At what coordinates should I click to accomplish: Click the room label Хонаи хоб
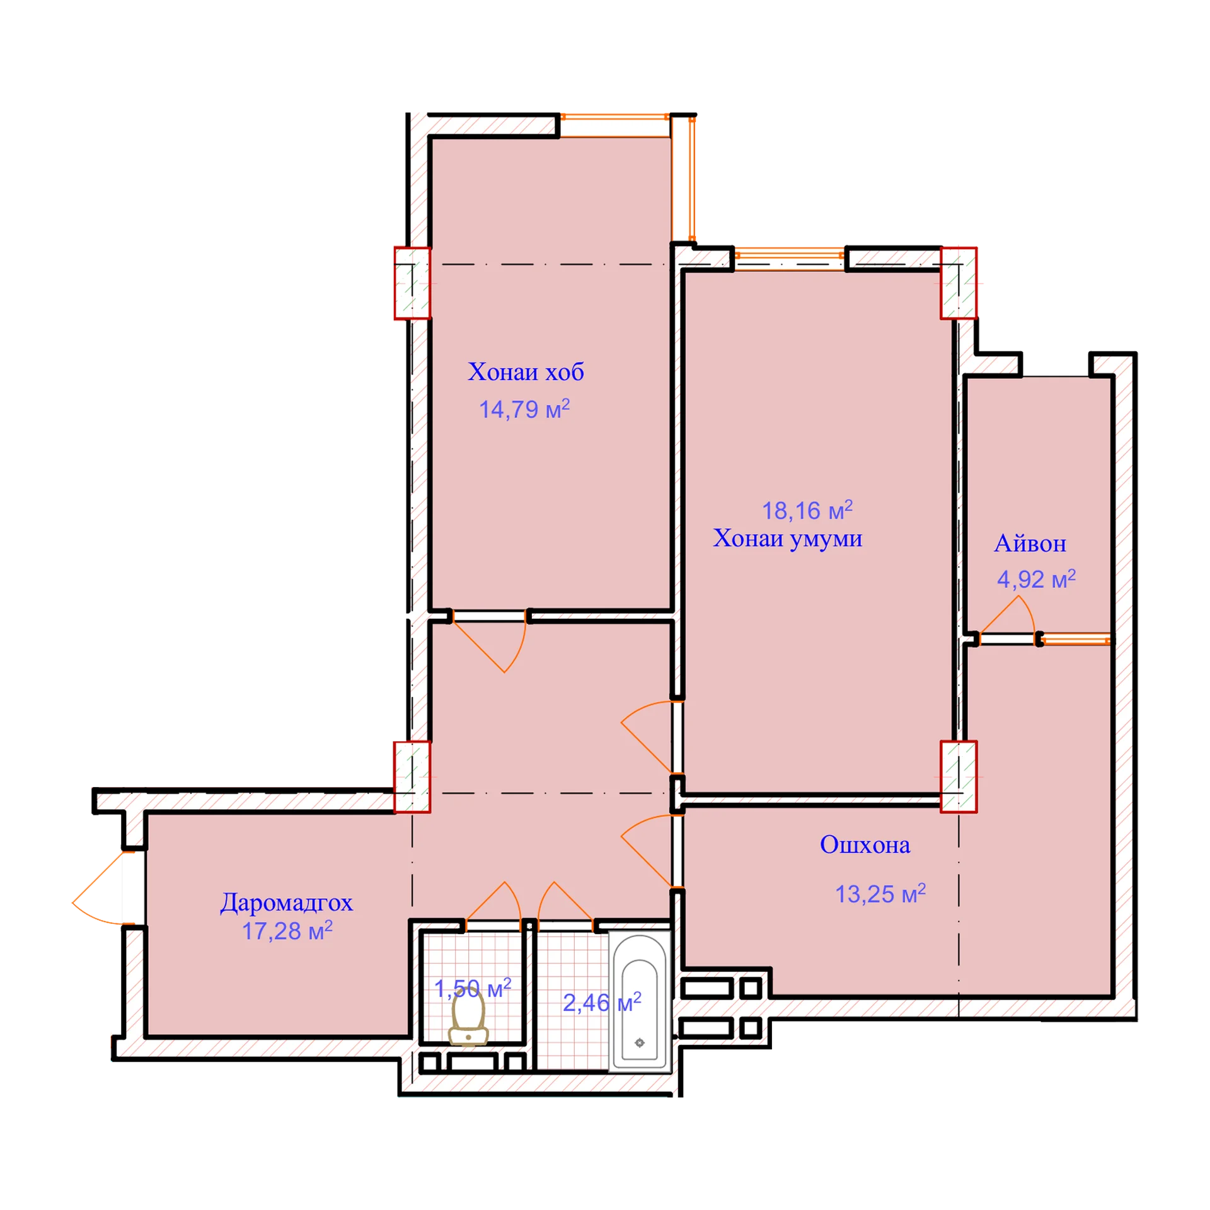[526, 372]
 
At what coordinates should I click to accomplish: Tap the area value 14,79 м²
[524, 408]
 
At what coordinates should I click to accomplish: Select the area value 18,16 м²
[807, 510]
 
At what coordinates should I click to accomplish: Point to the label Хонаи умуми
[788, 538]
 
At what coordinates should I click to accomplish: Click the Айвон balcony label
[1030, 543]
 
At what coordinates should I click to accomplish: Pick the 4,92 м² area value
[1036, 579]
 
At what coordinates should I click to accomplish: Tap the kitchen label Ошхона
[865, 844]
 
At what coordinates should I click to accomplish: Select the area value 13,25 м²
[880, 894]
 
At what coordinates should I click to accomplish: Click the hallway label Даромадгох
[286, 903]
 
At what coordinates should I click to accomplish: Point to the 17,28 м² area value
[287, 931]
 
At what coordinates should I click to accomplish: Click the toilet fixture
[468, 1017]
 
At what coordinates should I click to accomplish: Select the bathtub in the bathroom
[639, 1001]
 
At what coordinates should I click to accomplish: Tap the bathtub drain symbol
[640, 1043]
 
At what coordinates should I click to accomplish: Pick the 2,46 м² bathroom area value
[602, 1002]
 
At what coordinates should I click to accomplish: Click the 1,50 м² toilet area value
[473, 988]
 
